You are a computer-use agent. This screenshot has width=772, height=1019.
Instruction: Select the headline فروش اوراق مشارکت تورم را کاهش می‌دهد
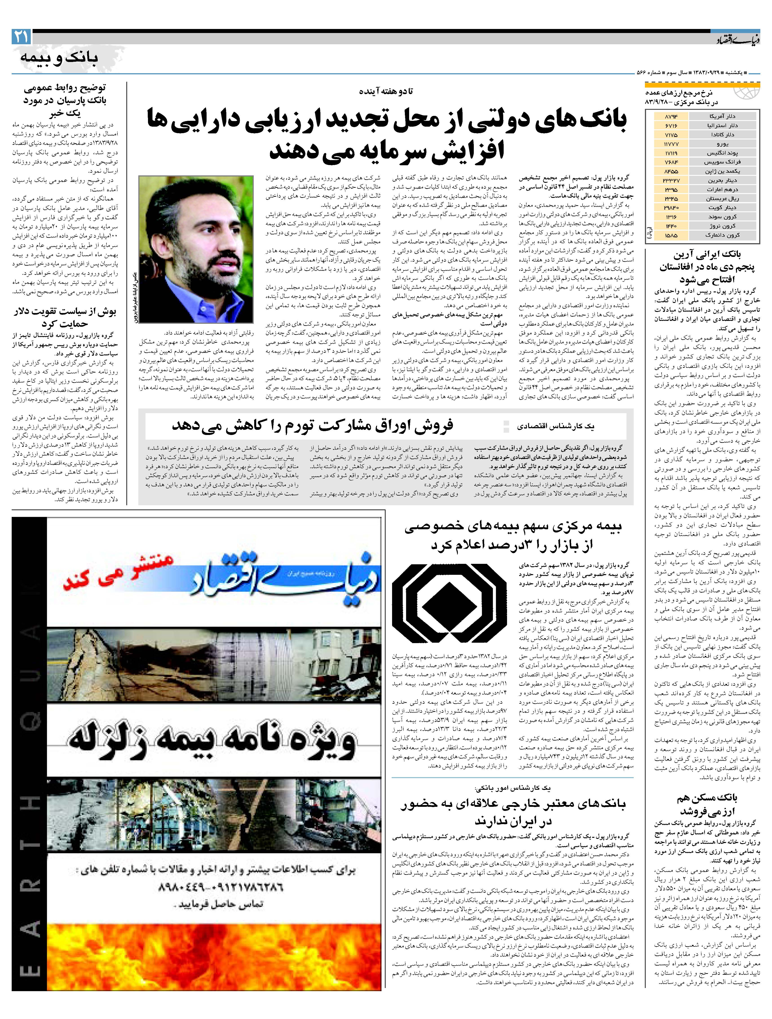[313, 425]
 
